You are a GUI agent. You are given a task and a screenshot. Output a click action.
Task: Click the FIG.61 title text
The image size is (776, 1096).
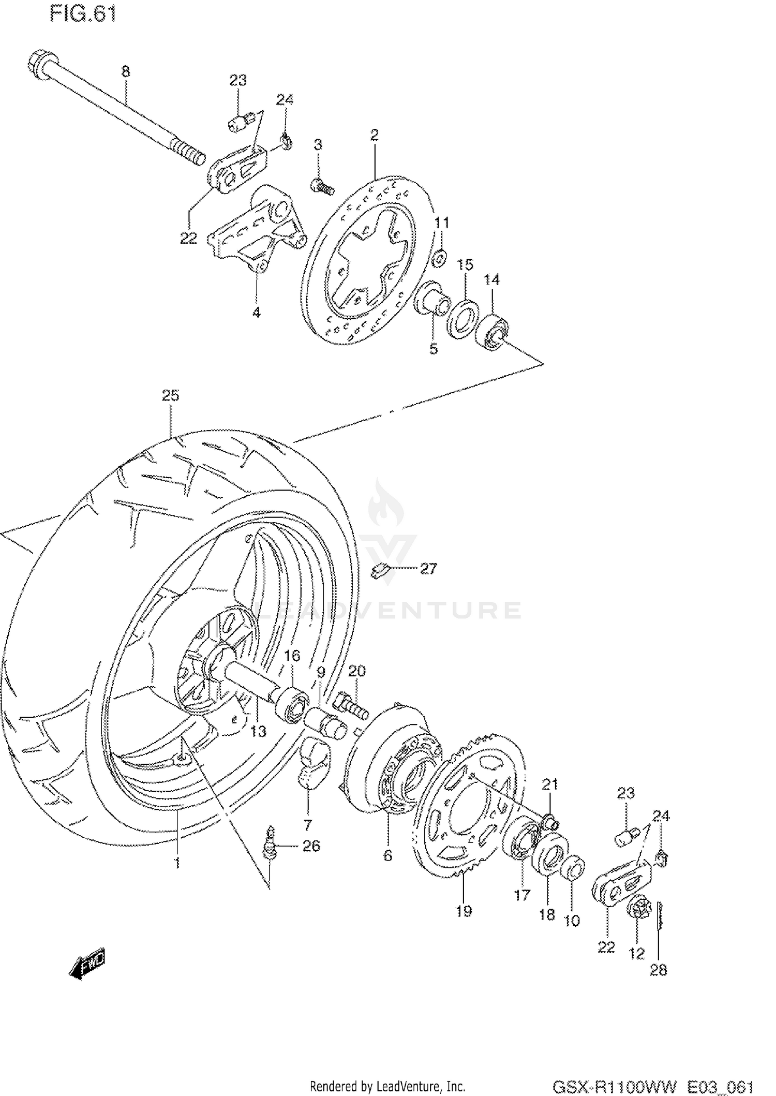83,14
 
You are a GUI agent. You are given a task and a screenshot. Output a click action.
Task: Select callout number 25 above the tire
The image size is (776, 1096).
170,395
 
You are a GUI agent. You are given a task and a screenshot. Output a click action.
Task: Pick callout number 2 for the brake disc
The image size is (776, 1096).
375,135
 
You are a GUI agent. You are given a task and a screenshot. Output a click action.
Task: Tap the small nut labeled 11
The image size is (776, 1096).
439,257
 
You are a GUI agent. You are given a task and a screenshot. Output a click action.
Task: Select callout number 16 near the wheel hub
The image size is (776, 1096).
292,656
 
